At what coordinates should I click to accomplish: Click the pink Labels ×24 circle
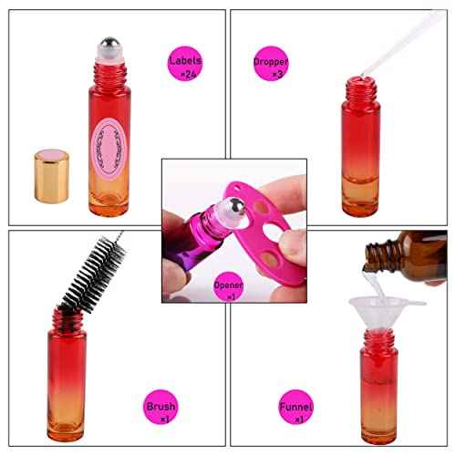pyautogui.click(x=184, y=67)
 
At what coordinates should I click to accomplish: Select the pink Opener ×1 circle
pyautogui.click(x=227, y=289)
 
